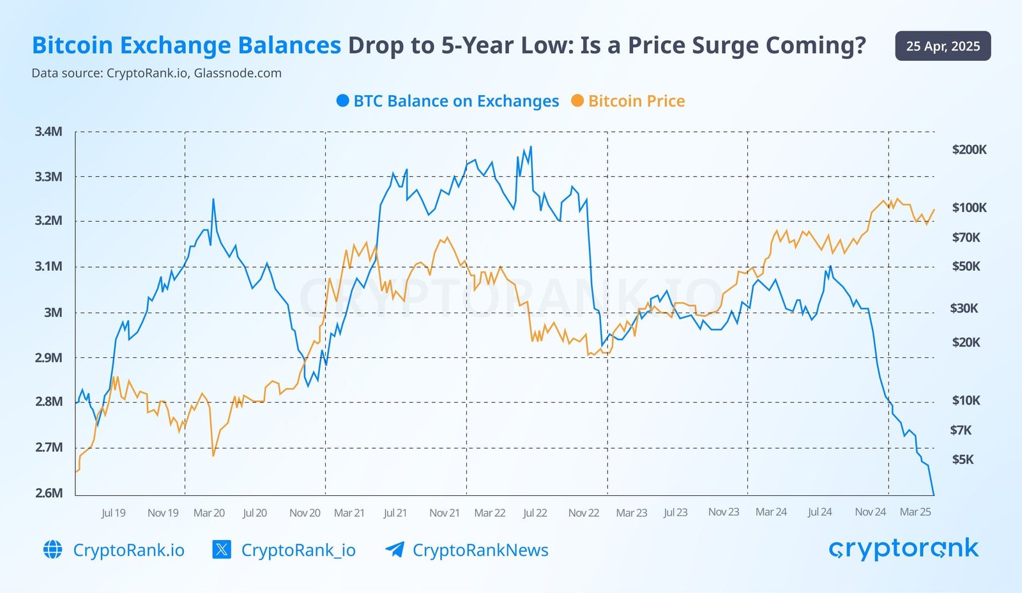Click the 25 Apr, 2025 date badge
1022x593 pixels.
[943, 46]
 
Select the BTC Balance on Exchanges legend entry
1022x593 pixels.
[447, 101]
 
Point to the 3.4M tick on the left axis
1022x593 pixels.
[49, 132]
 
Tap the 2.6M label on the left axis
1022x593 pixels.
[49, 493]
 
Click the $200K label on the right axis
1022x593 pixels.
[969, 150]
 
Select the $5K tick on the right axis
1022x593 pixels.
[963, 459]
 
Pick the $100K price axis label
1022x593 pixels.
[969, 208]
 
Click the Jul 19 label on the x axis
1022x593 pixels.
[113, 512]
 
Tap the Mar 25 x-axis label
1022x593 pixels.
[915, 512]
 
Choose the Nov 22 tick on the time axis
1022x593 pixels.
[583, 512]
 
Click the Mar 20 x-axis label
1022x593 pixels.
[209, 512]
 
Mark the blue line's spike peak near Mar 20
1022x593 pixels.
[213, 199]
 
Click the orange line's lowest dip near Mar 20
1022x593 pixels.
[213, 455]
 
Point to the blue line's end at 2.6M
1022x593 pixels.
[933, 494]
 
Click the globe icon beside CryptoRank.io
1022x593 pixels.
[52, 550]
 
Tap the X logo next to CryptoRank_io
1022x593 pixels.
[222, 550]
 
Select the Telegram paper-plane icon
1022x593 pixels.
[395, 550]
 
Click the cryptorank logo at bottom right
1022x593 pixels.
[903, 548]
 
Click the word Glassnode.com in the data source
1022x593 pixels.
[238, 73]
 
